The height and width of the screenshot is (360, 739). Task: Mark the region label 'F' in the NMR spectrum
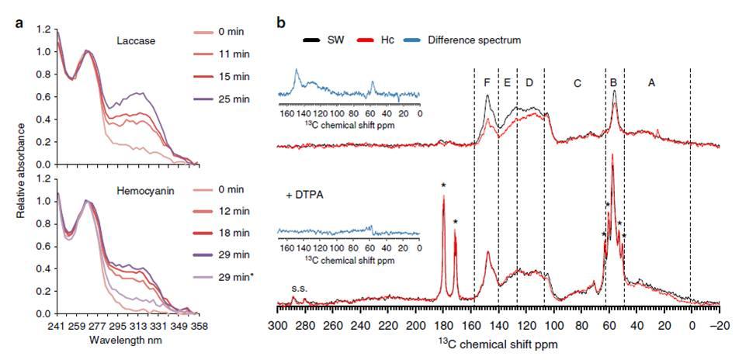point(486,81)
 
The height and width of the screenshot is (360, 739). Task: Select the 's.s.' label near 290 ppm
point(300,289)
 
